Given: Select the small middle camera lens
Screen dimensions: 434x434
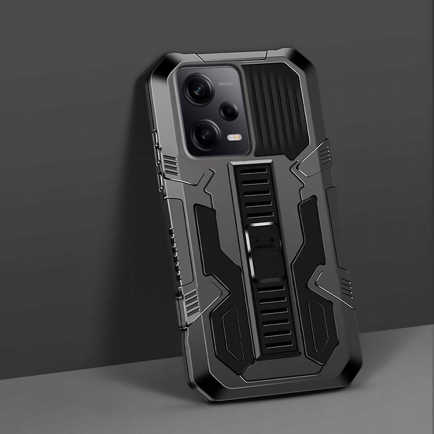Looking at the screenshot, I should (x=229, y=111).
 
